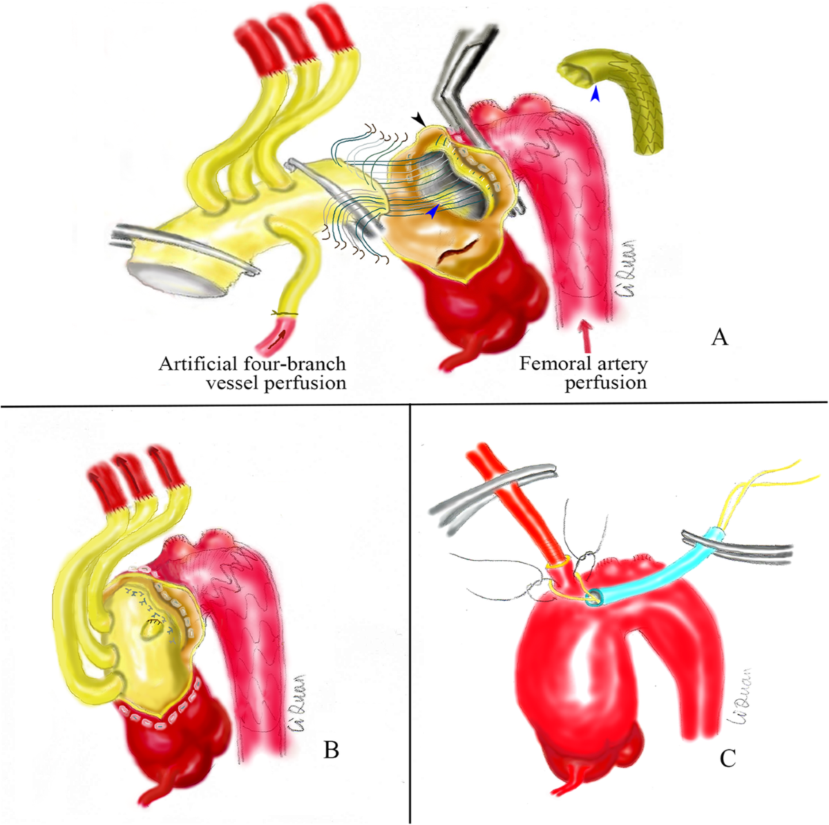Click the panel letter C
(727, 759)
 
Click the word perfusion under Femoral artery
(606, 382)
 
